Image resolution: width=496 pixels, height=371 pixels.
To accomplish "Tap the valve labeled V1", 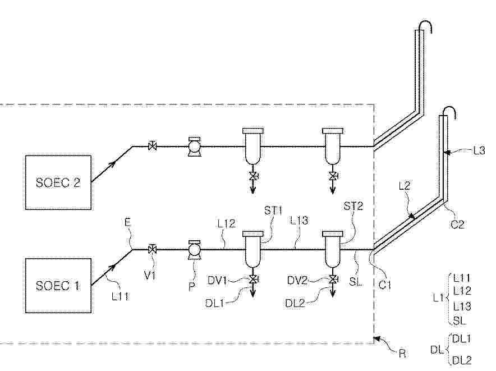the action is click(x=153, y=249).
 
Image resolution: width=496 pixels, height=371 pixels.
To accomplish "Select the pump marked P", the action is click(x=194, y=250).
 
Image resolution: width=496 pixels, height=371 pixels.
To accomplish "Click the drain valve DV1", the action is click(x=253, y=280).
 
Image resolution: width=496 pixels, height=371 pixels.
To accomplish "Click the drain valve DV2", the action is click(x=333, y=280).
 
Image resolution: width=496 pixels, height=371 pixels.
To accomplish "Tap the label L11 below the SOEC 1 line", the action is click(x=120, y=296).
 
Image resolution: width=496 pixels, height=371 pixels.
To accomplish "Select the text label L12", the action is click(x=227, y=224).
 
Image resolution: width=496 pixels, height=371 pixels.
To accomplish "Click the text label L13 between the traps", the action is click(x=299, y=221).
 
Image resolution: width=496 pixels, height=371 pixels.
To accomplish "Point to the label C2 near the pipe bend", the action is click(x=457, y=225).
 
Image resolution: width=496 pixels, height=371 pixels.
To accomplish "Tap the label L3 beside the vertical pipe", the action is click(x=479, y=150).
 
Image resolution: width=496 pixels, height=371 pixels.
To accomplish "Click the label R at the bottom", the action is click(x=402, y=353).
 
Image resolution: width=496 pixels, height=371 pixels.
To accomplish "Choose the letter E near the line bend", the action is click(x=127, y=222).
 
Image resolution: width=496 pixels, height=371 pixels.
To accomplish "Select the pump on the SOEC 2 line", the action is click(x=194, y=146).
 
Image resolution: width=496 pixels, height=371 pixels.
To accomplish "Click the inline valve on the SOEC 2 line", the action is click(x=153, y=146).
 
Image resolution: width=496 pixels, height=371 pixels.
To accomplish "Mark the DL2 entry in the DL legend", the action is click(x=462, y=360).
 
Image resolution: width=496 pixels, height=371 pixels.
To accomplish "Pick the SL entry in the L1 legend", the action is click(x=460, y=320).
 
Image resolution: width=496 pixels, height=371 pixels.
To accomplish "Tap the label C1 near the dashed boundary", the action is click(x=385, y=285).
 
